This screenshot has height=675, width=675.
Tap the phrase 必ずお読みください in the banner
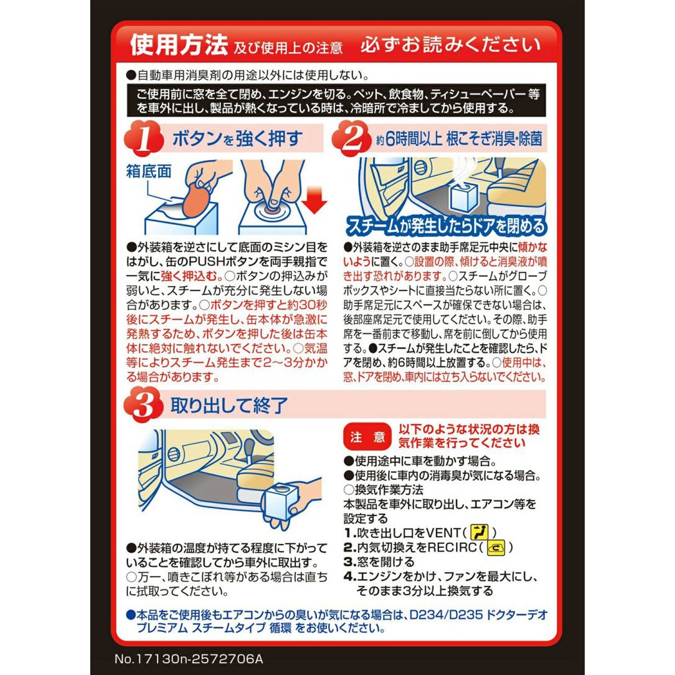click(450, 45)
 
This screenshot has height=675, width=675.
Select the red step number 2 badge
click(360, 139)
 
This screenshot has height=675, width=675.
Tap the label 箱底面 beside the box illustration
click(148, 171)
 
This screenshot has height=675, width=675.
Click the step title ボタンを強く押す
click(237, 139)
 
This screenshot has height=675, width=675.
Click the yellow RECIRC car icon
click(494, 547)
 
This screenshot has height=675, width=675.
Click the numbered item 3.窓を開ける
click(379, 562)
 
